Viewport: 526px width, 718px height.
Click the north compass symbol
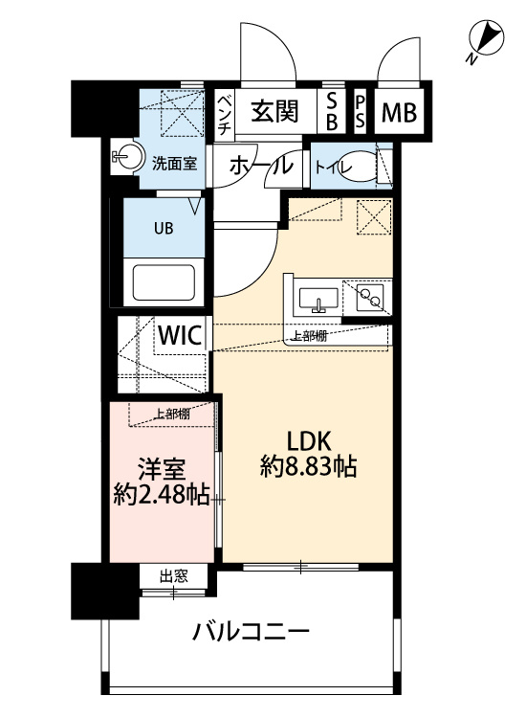(x=487, y=39)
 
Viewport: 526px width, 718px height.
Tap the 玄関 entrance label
(x=274, y=113)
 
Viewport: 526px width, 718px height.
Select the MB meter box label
(x=399, y=114)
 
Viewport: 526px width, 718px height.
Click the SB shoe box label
(x=332, y=112)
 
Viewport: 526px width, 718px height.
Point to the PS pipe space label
(x=361, y=112)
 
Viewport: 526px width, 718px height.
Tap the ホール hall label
(x=260, y=165)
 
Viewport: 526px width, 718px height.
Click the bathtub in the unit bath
(x=163, y=282)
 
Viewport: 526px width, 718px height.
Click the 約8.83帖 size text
(x=309, y=467)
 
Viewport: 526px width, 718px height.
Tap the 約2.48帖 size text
(x=160, y=496)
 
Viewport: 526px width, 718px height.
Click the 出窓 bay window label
(x=173, y=576)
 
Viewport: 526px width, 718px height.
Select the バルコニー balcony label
(x=250, y=632)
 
